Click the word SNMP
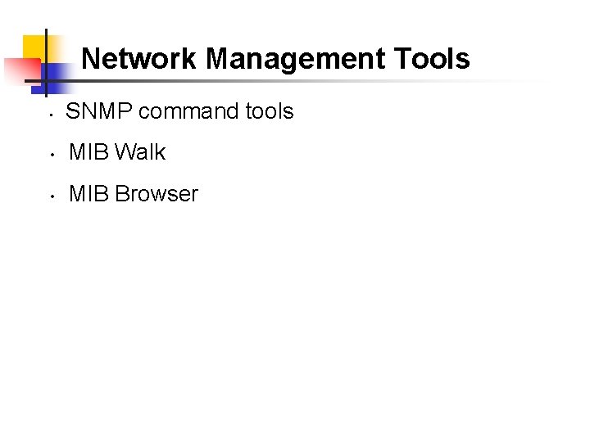pyautogui.click(x=98, y=111)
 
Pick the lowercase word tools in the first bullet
pyautogui.click(x=269, y=111)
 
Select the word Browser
pyautogui.click(x=157, y=194)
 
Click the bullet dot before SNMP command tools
pyautogui.click(x=51, y=114)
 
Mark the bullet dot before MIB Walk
pyautogui.click(x=51, y=155)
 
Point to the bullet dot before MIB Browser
pyautogui.click(x=51, y=196)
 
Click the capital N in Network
pyautogui.click(x=91, y=59)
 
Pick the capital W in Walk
pyautogui.click(x=125, y=152)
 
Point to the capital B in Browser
pyautogui.click(x=123, y=194)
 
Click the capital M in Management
pyautogui.click(x=216, y=59)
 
